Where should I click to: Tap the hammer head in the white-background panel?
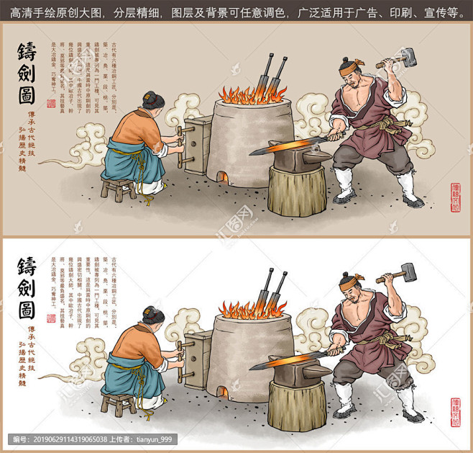(x=407, y=272)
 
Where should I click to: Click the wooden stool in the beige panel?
(x=117, y=189)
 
